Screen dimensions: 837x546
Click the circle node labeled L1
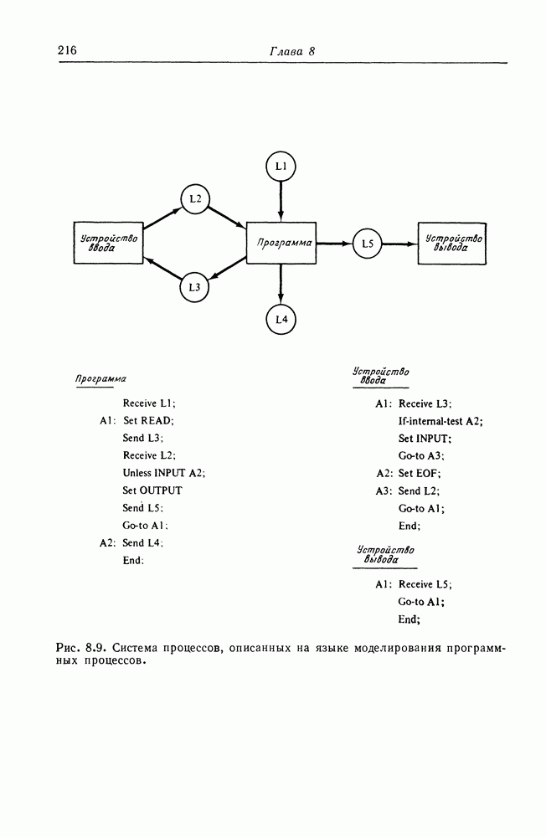click(x=281, y=167)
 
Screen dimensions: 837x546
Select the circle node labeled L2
click(x=195, y=198)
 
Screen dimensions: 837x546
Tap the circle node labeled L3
click(x=195, y=287)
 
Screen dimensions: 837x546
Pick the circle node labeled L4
click(x=281, y=319)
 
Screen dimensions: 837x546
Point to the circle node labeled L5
click(x=367, y=244)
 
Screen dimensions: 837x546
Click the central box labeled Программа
click(x=281, y=244)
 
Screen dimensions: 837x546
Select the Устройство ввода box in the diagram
click(x=110, y=244)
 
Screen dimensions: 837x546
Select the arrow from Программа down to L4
click(x=281, y=285)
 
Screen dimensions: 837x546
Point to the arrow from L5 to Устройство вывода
click(x=400, y=244)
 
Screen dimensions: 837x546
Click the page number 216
click(x=67, y=51)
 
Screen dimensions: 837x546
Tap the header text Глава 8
click(x=291, y=52)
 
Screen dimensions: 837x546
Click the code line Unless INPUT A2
click(x=163, y=473)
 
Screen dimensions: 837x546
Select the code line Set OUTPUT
click(x=152, y=490)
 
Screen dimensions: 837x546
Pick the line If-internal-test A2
click(x=440, y=421)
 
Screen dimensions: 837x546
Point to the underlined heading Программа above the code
click(x=100, y=377)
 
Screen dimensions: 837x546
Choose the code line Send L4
click(x=142, y=543)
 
